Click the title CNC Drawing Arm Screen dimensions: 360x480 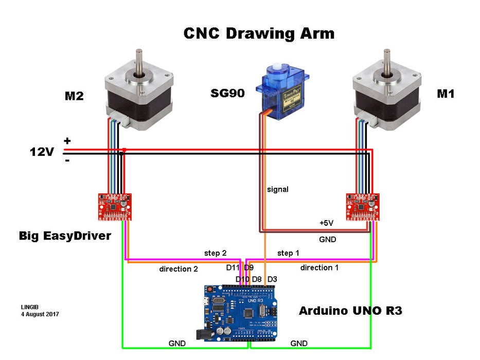tap(259, 33)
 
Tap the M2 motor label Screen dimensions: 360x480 tap(74, 96)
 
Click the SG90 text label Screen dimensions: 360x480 tap(227, 94)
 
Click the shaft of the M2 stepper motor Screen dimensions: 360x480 tap(139, 61)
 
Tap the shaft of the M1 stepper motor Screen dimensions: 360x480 tap(387, 61)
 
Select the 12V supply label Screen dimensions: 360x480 tap(41, 152)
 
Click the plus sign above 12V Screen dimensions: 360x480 tap(67, 140)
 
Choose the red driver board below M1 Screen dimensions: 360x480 tap(363, 207)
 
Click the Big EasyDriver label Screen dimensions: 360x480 tap(65, 236)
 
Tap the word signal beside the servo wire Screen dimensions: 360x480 tap(278, 189)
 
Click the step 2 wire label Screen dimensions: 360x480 tap(215, 253)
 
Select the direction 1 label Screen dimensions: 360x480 tap(319, 267)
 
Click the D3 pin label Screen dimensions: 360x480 tap(272, 279)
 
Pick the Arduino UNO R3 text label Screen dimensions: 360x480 tap(350, 311)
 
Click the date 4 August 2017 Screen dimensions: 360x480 tap(40, 313)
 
